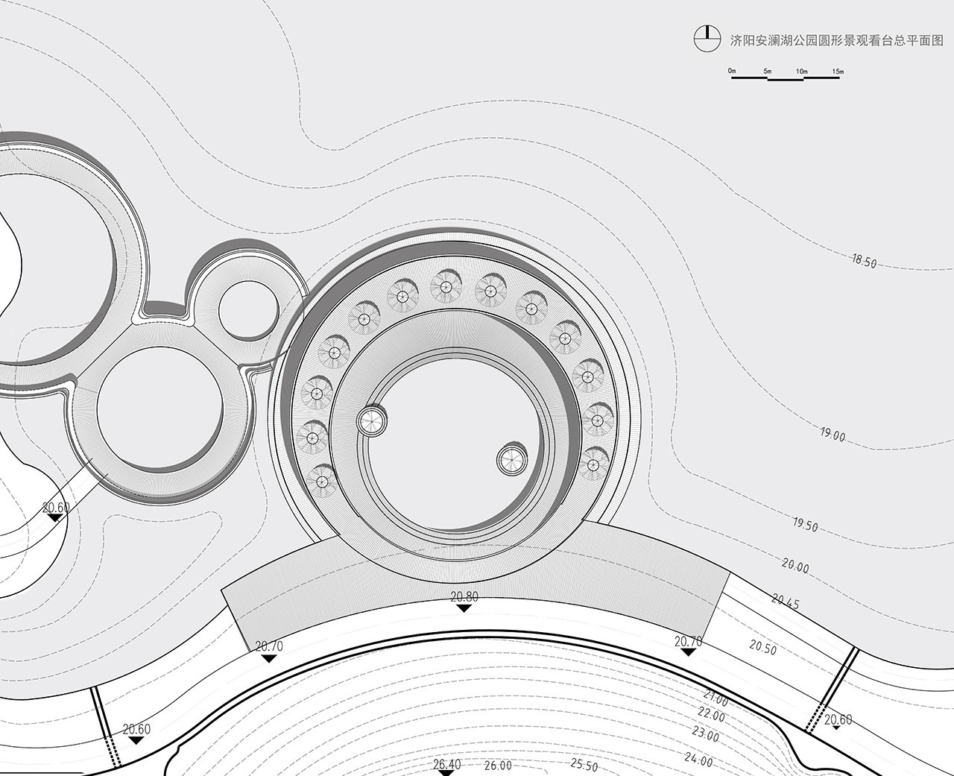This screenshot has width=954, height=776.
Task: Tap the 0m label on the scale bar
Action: (x=732, y=71)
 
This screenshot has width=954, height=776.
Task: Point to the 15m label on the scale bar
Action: (x=838, y=72)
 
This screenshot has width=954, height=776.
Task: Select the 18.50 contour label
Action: (x=864, y=261)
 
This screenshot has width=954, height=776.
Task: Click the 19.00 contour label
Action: (x=833, y=434)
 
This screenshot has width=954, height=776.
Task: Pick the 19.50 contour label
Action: (x=805, y=525)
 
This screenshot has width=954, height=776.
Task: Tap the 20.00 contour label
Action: (x=795, y=566)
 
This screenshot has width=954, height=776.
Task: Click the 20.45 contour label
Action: (x=785, y=602)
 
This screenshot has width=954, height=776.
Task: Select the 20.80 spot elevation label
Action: (x=464, y=597)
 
